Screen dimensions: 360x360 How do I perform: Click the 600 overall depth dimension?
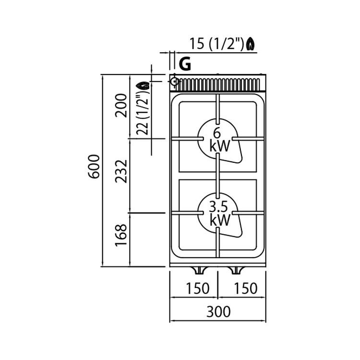[x=94, y=167]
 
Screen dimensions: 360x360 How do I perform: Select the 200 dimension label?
[x=121, y=106]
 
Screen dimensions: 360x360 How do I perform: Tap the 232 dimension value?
[x=121, y=171]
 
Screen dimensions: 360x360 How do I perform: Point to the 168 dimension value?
[x=121, y=235]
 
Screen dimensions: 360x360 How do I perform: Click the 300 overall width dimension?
[x=218, y=312]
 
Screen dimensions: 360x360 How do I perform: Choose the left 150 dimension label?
[x=198, y=288]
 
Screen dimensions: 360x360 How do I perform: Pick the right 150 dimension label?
[x=246, y=288]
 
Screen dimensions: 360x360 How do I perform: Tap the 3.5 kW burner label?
[x=220, y=214]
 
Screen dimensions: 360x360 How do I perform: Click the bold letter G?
[x=185, y=64]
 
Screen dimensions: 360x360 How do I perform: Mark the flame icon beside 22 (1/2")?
[x=143, y=85]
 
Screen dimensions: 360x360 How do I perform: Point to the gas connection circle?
[x=175, y=81]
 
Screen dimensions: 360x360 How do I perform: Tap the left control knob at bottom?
[x=199, y=270]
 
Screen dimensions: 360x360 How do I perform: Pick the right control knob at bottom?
[x=236, y=270]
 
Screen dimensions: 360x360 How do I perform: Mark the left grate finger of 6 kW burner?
[x=188, y=139]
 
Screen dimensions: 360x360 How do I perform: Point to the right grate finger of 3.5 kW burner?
[x=248, y=213]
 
